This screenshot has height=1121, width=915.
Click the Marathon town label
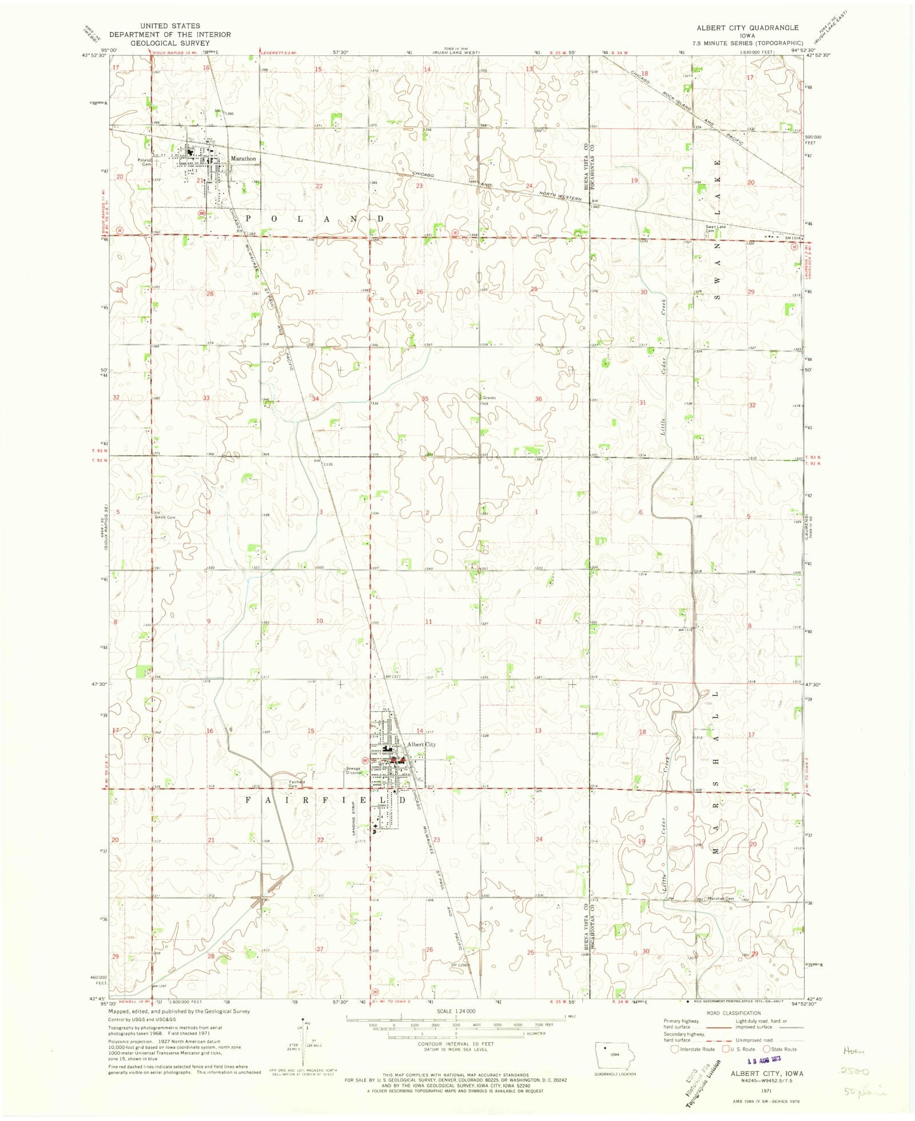point(243,158)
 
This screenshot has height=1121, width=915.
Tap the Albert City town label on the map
point(421,744)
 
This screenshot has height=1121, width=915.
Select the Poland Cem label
point(144,162)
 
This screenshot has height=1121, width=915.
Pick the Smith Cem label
point(164,517)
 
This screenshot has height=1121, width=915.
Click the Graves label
point(489,398)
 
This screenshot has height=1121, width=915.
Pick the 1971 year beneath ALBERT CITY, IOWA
point(766,1091)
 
